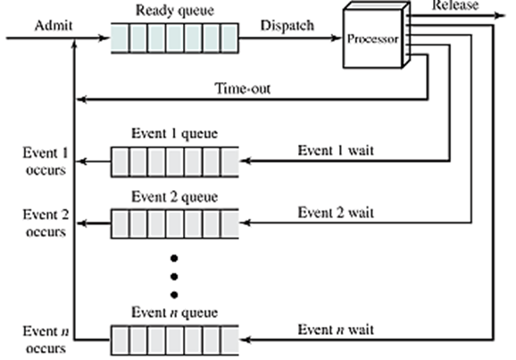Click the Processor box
coord(374,39)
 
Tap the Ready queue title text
coord(174,11)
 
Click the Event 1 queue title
coord(174,135)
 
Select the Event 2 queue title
coord(174,197)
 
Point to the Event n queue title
coord(174,314)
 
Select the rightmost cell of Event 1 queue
coord(229,163)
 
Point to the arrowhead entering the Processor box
coord(338,38)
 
